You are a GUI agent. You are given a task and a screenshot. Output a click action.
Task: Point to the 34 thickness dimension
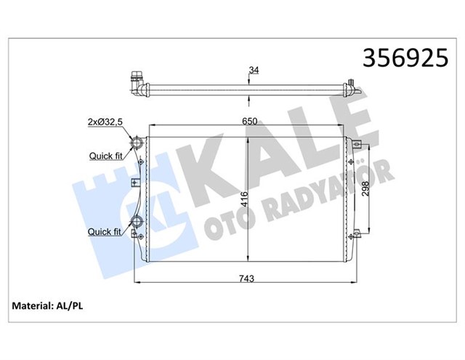pyautogui.click(x=253, y=71)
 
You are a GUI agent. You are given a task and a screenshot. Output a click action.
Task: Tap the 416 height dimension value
pyautogui.click(x=245, y=199)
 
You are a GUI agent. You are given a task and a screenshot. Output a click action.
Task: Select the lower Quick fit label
pyautogui.click(x=105, y=232)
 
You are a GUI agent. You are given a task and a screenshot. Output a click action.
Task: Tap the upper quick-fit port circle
pyautogui.click(x=137, y=142)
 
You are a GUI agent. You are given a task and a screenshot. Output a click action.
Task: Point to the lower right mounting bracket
pyautogui.click(x=357, y=234)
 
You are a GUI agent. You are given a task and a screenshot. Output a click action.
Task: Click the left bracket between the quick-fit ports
pyautogui.click(x=134, y=183)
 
